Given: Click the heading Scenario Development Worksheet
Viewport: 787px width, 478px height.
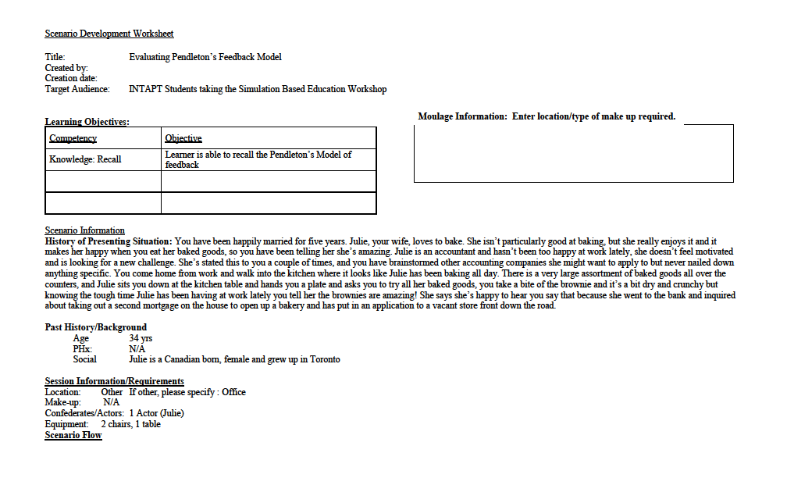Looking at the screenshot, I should (x=109, y=34).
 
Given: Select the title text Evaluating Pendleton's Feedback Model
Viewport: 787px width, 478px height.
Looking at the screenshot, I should (x=205, y=57).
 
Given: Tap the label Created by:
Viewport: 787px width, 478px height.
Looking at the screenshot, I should (x=66, y=68).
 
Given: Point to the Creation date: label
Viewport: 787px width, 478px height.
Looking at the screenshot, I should (x=71, y=78).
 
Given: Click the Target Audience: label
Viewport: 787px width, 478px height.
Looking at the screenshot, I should (x=78, y=89).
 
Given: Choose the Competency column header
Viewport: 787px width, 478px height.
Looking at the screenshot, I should (x=73, y=138).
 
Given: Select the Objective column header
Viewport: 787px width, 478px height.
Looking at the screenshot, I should (x=183, y=138).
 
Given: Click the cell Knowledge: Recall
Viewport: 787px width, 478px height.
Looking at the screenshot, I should (x=85, y=159).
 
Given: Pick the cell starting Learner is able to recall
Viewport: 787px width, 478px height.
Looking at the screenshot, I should (x=258, y=159).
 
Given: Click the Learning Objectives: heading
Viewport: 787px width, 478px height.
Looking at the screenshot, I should (x=87, y=122).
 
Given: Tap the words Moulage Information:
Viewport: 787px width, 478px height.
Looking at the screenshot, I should (x=462, y=116).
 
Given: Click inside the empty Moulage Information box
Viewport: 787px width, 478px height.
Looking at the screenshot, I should (x=573, y=154).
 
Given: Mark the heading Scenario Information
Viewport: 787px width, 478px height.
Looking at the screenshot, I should (x=84, y=230).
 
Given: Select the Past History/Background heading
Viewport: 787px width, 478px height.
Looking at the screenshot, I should (x=95, y=327).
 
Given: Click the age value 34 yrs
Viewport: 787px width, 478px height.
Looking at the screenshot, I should (x=141, y=338).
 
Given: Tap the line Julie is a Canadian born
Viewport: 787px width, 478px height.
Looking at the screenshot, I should (x=234, y=359).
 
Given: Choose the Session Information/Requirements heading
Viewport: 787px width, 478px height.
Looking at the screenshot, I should (x=114, y=381).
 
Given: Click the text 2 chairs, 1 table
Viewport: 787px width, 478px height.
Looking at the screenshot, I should (x=130, y=424).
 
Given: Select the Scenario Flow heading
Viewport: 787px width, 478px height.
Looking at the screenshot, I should (x=73, y=435).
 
